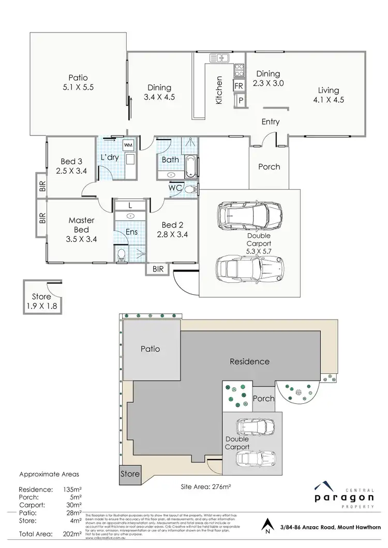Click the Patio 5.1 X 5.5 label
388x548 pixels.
(x=77, y=82)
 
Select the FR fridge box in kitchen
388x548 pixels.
(x=239, y=85)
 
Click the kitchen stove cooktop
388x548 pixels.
(x=239, y=69)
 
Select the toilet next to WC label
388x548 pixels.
(x=190, y=189)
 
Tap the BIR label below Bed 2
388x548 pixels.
(x=157, y=269)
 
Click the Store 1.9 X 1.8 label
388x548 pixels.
(x=41, y=301)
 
